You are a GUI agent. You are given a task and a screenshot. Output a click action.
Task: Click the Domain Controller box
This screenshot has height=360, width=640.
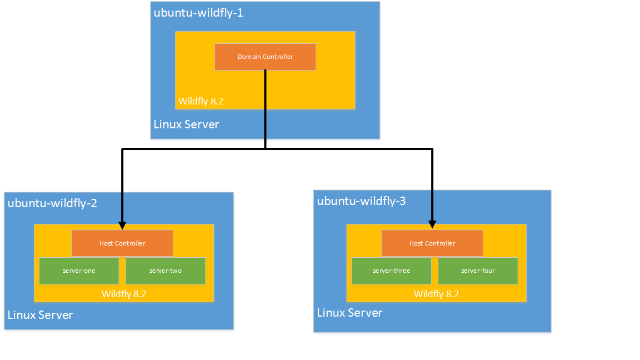tap(265, 57)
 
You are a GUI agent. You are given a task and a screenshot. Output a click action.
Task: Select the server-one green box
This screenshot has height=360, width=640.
tap(79, 271)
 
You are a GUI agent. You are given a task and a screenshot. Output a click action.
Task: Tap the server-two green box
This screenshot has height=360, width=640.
tap(166, 271)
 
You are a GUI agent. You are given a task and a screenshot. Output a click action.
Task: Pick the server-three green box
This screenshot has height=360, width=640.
tap(391, 271)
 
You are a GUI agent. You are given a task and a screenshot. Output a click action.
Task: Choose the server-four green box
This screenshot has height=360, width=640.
tap(478, 271)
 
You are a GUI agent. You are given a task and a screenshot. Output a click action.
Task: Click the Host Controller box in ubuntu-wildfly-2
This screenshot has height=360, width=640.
tap(122, 243)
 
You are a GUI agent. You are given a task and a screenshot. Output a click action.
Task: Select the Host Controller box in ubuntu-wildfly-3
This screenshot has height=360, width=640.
tap(432, 243)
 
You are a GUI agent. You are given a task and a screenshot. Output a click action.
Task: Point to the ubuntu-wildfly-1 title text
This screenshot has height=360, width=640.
tap(198, 13)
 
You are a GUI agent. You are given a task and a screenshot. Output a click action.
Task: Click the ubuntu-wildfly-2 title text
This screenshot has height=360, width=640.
tap(53, 203)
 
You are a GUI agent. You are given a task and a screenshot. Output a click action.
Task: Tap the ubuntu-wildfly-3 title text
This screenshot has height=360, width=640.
tap(362, 201)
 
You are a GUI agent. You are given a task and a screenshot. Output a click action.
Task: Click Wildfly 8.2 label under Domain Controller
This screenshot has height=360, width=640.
tap(201, 102)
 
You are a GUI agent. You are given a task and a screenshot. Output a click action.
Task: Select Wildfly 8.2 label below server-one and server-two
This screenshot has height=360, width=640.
tap(124, 294)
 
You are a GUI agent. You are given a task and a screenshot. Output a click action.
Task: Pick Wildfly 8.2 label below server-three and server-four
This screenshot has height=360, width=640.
tap(437, 294)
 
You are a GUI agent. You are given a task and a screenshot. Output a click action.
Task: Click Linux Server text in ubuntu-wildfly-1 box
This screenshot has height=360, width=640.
tap(186, 124)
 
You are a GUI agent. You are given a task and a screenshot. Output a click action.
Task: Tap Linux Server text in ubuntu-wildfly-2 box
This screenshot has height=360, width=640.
tap(40, 315)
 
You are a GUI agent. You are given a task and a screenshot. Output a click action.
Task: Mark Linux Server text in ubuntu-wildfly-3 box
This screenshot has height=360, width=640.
tap(349, 313)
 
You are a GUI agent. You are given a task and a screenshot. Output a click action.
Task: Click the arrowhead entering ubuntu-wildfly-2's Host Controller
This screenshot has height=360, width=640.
tap(122, 226)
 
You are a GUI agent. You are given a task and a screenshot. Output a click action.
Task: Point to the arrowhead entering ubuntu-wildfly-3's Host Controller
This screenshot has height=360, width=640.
tap(432, 224)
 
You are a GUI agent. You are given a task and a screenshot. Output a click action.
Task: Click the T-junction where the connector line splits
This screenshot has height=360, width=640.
tap(265, 149)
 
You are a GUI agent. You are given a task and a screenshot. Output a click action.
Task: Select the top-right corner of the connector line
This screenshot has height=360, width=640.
tap(432, 149)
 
